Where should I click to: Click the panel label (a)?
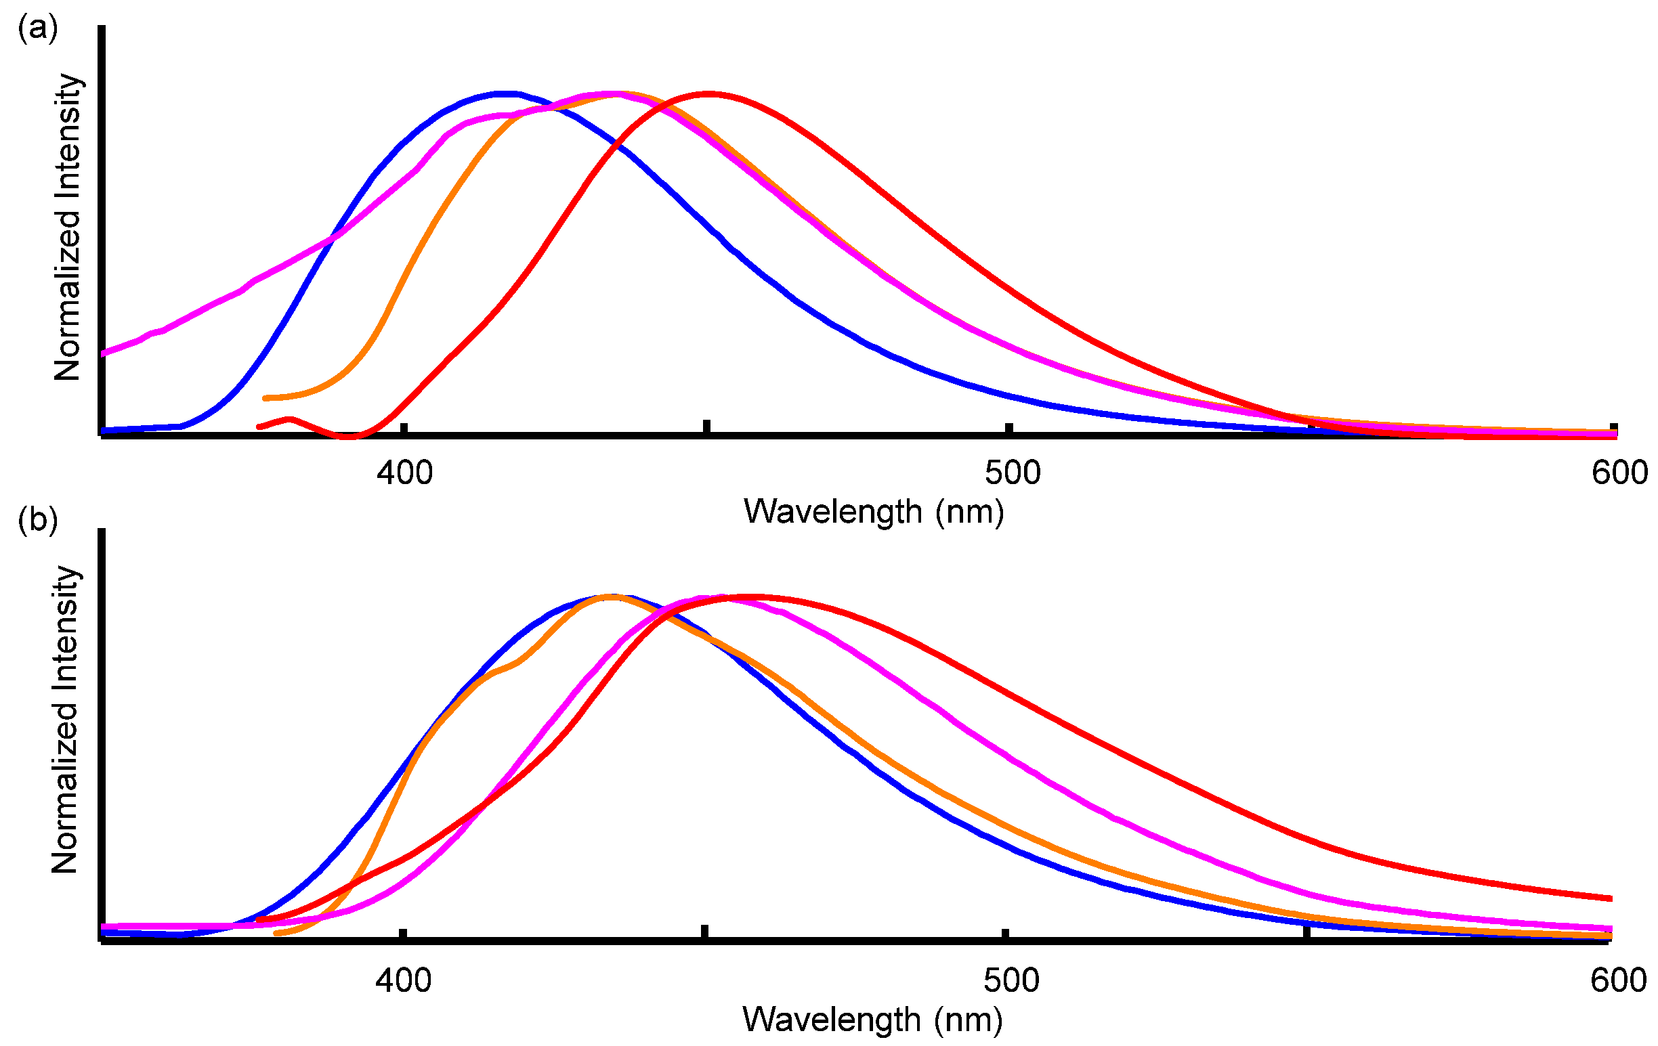(37, 29)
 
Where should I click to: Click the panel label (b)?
(37, 519)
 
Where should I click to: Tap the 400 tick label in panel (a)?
(404, 473)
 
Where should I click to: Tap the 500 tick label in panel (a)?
(1012, 473)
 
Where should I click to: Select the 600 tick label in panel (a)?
(1619, 473)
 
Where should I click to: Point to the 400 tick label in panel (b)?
(404, 980)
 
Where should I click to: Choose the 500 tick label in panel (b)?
(1011, 980)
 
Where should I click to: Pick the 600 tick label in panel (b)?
(1618, 980)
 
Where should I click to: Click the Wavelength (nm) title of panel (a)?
(874, 513)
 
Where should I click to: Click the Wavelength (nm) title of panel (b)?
(872, 1020)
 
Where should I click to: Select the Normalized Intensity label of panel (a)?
(68, 227)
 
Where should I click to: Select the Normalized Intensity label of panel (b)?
(66, 720)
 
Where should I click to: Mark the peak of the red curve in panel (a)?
(708, 93)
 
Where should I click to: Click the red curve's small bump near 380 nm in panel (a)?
(289, 419)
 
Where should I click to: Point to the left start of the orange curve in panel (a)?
(266, 398)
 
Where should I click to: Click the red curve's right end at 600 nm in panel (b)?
(1610, 898)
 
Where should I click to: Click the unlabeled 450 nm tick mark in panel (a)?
(706, 427)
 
